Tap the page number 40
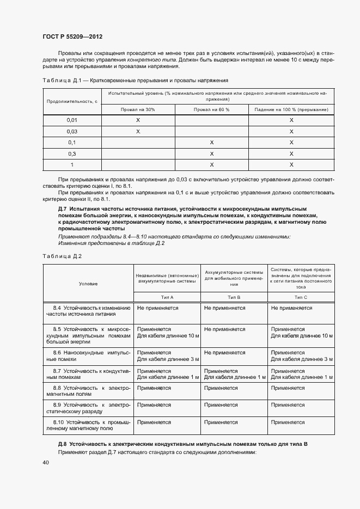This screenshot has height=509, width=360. point(46,462)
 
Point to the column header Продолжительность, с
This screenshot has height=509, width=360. point(72,101)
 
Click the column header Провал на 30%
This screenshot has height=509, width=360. point(138,109)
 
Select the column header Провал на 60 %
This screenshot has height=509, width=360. point(211,109)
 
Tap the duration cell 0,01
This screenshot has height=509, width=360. point(72,120)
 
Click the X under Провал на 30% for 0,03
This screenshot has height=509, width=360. point(138,131)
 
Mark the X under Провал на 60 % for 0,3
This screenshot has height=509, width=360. point(211,154)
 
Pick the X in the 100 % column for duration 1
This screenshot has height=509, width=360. point(291,164)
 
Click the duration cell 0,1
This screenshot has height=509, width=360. point(72,142)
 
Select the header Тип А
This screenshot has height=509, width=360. point(167,297)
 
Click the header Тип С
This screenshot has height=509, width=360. point(301,297)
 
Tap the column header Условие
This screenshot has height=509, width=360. point(88,283)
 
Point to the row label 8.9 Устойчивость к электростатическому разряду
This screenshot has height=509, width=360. point(88,408)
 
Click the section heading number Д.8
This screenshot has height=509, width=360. point(63,444)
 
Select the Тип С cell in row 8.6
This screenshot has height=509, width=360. point(302,355)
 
